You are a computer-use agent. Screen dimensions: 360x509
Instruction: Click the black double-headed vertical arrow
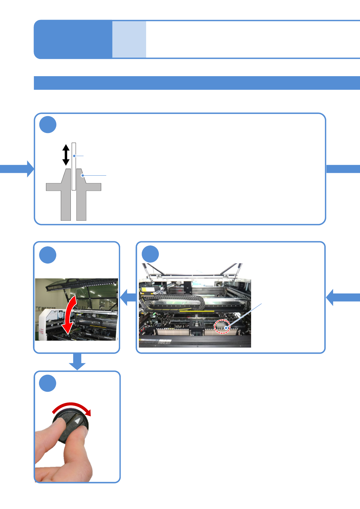point(66,155)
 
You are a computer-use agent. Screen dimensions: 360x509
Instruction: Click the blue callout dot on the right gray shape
point(82,175)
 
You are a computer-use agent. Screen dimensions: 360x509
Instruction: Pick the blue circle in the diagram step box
point(48,125)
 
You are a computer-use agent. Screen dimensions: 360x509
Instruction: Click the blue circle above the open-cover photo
point(48,255)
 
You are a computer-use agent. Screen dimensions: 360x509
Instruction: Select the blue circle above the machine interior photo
point(150,254)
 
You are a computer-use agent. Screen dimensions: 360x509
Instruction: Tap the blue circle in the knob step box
point(48,383)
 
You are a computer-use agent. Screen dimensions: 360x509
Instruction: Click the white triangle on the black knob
point(78,421)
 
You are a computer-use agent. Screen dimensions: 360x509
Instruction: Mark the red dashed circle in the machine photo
point(222,326)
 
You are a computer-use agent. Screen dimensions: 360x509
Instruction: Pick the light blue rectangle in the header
point(129,39)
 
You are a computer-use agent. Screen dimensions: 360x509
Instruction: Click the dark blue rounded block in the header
point(73,39)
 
